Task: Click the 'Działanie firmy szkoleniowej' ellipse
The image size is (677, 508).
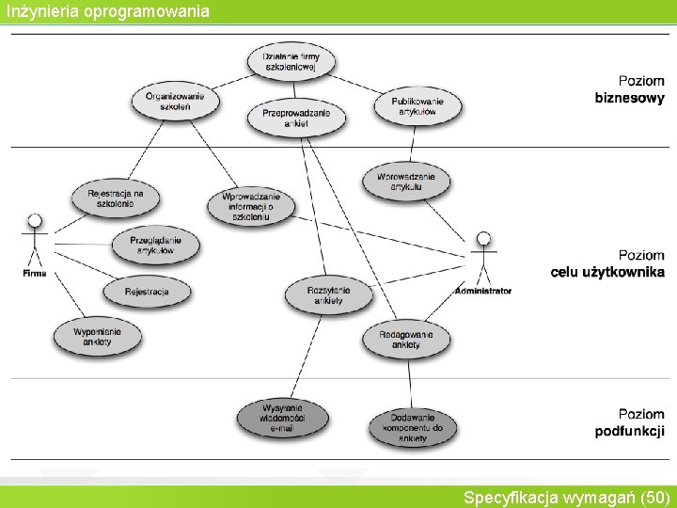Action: pos(291,63)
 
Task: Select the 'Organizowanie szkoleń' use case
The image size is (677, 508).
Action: pos(175,101)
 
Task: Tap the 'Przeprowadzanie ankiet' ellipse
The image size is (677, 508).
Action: pos(296,119)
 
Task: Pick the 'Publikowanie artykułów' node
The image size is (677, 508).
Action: pos(417,104)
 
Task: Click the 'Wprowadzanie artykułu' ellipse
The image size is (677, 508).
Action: pos(406,182)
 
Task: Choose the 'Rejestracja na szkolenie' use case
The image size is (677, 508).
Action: pos(116,198)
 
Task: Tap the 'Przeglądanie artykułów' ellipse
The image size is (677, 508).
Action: pos(155,246)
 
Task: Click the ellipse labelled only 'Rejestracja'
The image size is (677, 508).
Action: pos(146,293)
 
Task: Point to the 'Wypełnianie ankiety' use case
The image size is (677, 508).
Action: pos(97,336)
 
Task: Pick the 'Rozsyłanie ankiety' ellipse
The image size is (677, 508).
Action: pos(328,295)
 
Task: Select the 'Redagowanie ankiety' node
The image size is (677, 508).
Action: pos(406,339)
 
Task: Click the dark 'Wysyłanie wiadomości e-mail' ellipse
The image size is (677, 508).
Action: pos(282,417)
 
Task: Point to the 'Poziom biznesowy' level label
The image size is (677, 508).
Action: pos(629,89)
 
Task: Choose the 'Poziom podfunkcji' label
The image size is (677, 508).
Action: pos(629,422)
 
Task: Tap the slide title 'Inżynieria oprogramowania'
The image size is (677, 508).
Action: pos(106,11)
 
